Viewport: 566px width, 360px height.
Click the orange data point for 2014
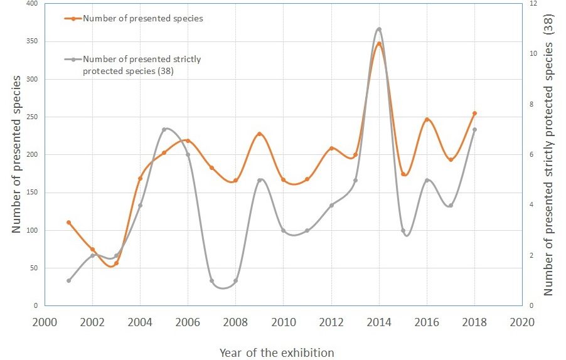[379, 44]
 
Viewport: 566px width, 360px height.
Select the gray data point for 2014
[379, 29]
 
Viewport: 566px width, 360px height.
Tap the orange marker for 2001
[68, 222]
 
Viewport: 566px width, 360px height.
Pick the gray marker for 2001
[68, 280]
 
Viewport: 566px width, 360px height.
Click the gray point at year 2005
[164, 129]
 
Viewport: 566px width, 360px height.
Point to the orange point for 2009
[259, 134]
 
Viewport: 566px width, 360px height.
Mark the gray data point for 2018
[474, 129]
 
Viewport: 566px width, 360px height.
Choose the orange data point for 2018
[474, 113]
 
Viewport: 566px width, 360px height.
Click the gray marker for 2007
[211, 280]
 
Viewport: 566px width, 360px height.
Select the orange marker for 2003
[116, 263]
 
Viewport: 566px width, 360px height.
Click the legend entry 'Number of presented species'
[142, 18]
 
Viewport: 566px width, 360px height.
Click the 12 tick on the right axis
[533, 4]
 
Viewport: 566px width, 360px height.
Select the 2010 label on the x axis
[283, 322]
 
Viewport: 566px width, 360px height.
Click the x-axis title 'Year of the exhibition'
[277, 352]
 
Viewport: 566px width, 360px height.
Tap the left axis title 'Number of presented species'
[17, 154]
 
